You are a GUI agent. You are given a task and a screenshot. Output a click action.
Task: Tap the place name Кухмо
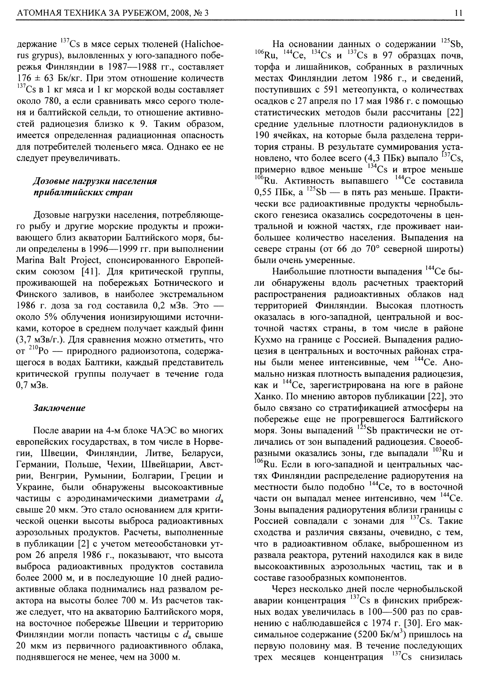[x=268, y=340]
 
